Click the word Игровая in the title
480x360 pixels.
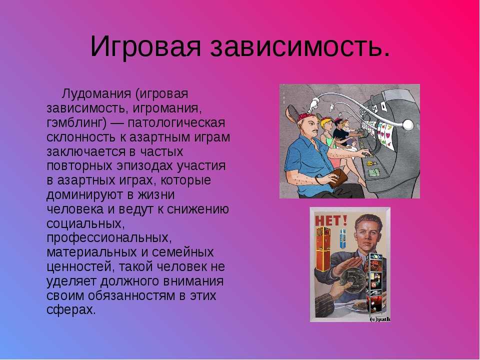pos(145,46)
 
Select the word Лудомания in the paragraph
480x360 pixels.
pos(96,93)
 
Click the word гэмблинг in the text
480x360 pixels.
pos(76,123)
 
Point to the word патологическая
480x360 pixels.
pos(176,123)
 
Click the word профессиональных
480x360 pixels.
pos(107,238)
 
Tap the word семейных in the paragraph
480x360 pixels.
pos(183,252)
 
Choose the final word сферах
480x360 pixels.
pos(71,310)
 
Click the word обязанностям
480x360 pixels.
pos(131,295)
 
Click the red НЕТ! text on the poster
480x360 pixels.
pos(331,220)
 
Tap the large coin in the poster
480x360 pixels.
pos(353,279)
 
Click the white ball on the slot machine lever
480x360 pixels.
pos(408,124)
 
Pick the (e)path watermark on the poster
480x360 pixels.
pos(380,319)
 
